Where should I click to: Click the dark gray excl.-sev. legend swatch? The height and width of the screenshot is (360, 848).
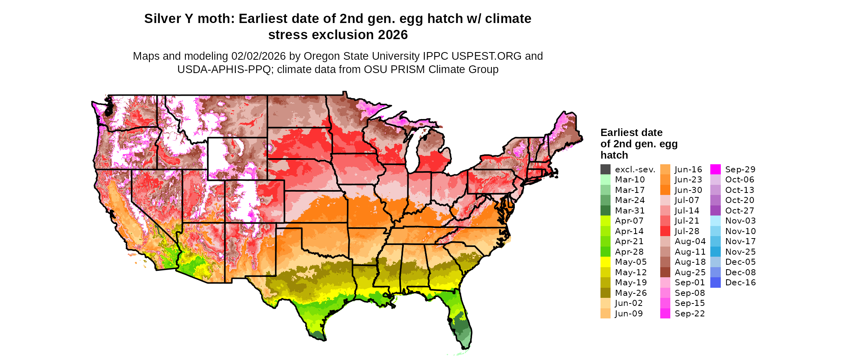[605, 170]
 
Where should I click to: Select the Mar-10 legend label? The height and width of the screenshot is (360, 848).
[630, 180]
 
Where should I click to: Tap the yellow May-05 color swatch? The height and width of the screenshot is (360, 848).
[605, 262]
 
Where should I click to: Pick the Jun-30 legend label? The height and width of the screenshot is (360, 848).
[688, 190]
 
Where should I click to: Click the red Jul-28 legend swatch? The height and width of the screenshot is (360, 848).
[665, 231]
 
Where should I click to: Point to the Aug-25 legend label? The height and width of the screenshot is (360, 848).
[690, 272]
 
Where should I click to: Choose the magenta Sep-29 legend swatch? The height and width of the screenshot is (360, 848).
[715, 170]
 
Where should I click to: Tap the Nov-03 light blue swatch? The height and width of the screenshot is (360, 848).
[715, 221]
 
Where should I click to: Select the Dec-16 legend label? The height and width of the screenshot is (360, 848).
[740, 283]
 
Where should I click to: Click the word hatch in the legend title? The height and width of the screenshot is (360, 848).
[614, 155]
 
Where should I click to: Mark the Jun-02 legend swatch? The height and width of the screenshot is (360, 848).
[605, 303]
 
